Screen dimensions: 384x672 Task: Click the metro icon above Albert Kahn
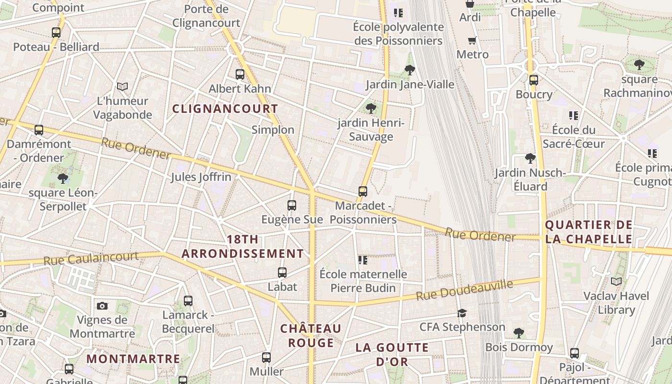pyautogui.click(x=240, y=74)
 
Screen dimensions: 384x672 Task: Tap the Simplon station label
pyautogui.click(x=273, y=130)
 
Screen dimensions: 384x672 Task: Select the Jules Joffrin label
pyautogui.click(x=201, y=177)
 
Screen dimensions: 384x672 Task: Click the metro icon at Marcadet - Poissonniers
pyautogui.click(x=363, y=192)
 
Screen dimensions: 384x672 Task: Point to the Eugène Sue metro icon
pyautogui.click(x=291, y=205)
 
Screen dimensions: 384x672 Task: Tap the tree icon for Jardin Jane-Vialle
pyautogui.click(x=409, y=70)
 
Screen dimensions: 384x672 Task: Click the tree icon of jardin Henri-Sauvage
pyautogui.click(x=371, y=108)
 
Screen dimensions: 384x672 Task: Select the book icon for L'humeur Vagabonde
pyautogui.click(x=122, y=86)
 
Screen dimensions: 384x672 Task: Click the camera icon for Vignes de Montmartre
pyautogui.click(x=102, y=306)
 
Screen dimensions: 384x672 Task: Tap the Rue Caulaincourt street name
pyautogui.click(x=91, y=259)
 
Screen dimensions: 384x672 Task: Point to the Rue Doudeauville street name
pyautogui.click(x=464, y=290)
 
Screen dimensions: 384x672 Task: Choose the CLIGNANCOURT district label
pyautogui.click(x=225, y=109)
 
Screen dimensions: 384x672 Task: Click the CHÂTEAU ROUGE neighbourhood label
pyautogui.click(x=311, y=336)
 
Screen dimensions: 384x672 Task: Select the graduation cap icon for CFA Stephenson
pyautogui.click(x=462, y=313)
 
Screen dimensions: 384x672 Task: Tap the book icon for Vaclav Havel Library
pyautogui.click(x=616, y=281)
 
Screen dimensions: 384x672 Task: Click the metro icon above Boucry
pyautogui.click(x=533, y=80)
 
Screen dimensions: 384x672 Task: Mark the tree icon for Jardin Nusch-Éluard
pyautogui.click(x=530, y=158)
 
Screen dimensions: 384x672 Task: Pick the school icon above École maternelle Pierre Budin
pyautogui.click(x=363, y=260)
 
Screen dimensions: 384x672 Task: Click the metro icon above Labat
pyautogui.click(x=282, y=273)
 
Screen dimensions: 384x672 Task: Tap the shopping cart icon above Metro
pyautogui.click(x=472, y=40)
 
